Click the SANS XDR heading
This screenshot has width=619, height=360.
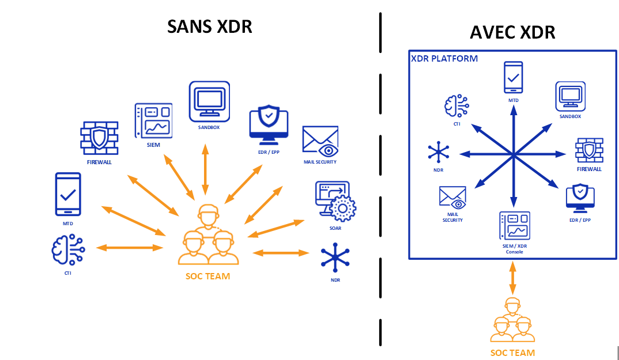pos(210,26)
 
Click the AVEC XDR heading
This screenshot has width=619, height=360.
pos(512,32)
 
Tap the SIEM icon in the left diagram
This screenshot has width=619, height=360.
pos(153,121)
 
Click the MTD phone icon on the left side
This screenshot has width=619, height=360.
pos(68,195)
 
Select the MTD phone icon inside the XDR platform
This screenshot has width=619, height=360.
pos(513,77)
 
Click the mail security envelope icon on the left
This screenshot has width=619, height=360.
pos(320,142)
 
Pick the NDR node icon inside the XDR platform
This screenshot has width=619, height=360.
pos(439,153)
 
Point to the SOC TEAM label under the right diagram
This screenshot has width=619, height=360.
pos(512,353)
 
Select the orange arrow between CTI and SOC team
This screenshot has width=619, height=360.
pos(130,248)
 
